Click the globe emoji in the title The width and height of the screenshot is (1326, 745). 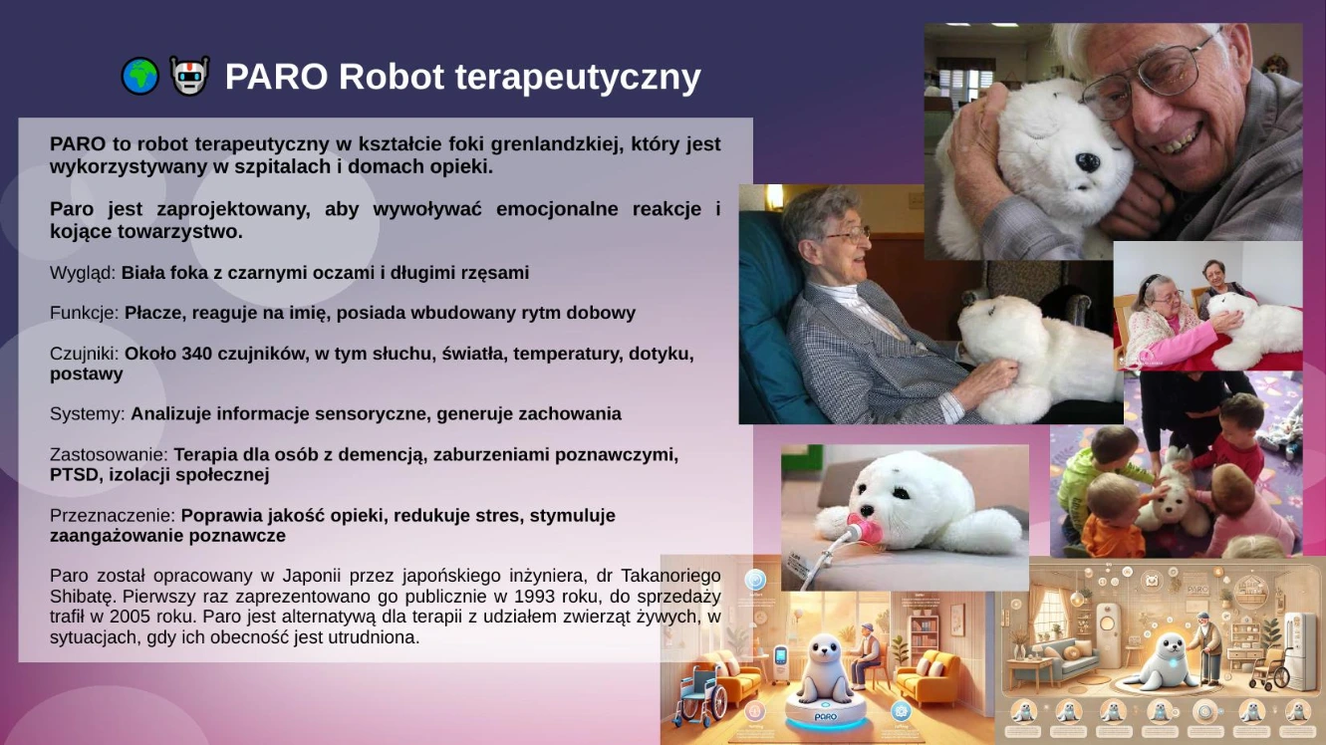(139, 77)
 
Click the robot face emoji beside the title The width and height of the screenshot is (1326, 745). (189, 76)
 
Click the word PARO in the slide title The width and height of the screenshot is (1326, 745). (276, 77)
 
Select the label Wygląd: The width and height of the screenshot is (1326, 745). (83, 273)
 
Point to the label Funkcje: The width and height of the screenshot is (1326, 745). (85, 313)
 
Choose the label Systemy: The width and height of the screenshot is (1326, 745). (88, 413)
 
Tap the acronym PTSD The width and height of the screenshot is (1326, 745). (74, 474)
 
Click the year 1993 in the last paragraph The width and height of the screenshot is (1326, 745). (534, 596)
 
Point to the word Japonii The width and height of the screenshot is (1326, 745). (312, 576)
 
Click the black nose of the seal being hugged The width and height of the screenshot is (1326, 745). (1087, 161)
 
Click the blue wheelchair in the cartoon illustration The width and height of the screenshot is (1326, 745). (700, 696)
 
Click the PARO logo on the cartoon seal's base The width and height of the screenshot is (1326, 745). (825, 716)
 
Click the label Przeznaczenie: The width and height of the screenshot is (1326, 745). (113, 516)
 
